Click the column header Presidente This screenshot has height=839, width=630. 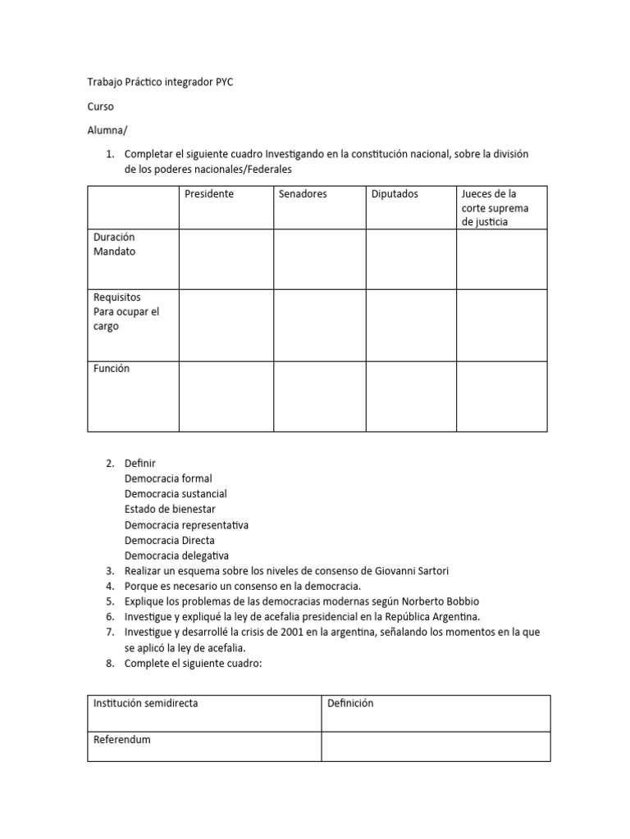click(209, 194)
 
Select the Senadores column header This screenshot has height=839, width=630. click(303, 194)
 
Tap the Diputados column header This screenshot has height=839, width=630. click(395, 194)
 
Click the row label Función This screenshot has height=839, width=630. click(112, 369)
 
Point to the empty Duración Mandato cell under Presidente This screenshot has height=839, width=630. click(226, 259)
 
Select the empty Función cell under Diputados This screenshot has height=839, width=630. click(411, 397)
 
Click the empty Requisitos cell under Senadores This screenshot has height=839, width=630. click(319, 325)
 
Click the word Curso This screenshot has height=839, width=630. click(101, 107)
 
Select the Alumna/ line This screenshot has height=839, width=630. click(107, 130)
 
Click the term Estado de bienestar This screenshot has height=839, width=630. click(170, 510)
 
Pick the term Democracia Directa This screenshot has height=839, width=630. click(169, 541)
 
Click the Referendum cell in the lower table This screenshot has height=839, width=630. click(122, 739)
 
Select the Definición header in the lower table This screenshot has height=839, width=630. click(350, 703)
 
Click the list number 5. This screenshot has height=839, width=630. click(110, 601)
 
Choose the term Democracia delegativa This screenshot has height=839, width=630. click(176, 556)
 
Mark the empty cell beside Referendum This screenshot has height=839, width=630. click(436, 746)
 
